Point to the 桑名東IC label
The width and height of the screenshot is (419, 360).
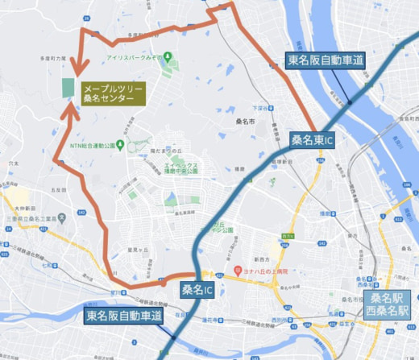313,139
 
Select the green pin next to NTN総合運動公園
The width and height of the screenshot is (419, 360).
119,146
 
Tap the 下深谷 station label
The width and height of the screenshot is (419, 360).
259,107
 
